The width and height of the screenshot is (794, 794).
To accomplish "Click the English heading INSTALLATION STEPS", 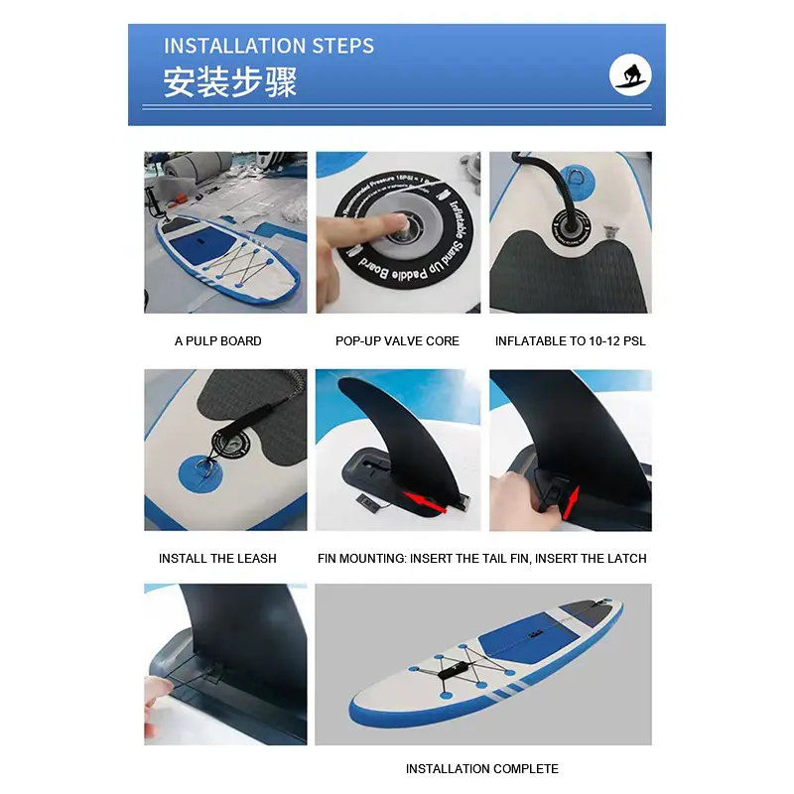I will click(269, 46).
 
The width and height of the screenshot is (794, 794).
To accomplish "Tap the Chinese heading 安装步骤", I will click(230, 82).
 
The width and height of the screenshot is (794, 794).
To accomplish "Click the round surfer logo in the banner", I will click(631, 75).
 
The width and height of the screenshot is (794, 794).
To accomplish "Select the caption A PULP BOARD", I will click(218, 341).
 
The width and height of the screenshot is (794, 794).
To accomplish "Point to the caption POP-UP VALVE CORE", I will click(397, 341).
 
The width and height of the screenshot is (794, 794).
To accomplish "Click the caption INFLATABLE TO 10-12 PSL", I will click(570, 341).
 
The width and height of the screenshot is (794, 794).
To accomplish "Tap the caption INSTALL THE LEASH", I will click(217, 559).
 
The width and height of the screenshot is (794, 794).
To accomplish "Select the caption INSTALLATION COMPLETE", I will click(481, 769).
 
